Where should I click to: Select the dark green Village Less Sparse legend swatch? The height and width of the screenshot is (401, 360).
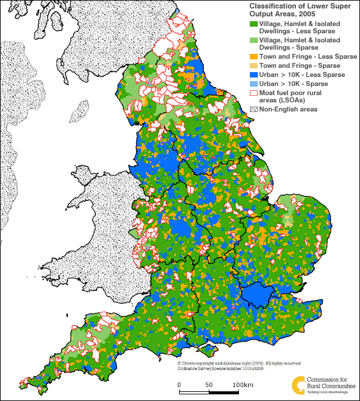pyautogui.click(x=254, y=24)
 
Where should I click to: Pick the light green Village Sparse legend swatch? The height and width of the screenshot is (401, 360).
pyautogui.click(x=254, y=41)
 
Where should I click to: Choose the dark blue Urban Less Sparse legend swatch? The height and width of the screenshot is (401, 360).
pyautogui.click(x=254, y=75)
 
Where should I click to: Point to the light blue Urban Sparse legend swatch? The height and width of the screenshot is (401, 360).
pyautogui.click(x=254, y=83)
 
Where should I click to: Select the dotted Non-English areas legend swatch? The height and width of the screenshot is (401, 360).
pyautogui.click(x=254, y=109)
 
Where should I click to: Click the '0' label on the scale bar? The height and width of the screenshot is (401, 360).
pyautogui.click(x=179, y=385)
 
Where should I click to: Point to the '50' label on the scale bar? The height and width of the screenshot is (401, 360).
pyautogui.click(x=209, y=385)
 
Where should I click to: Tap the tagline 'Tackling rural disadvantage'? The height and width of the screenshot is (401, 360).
pyautogui.click(x=330, y=391)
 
